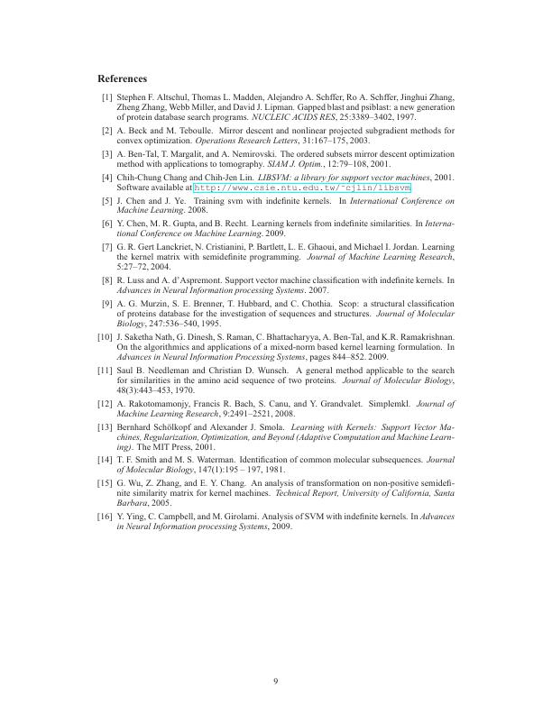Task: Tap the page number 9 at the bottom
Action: point(276,681)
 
